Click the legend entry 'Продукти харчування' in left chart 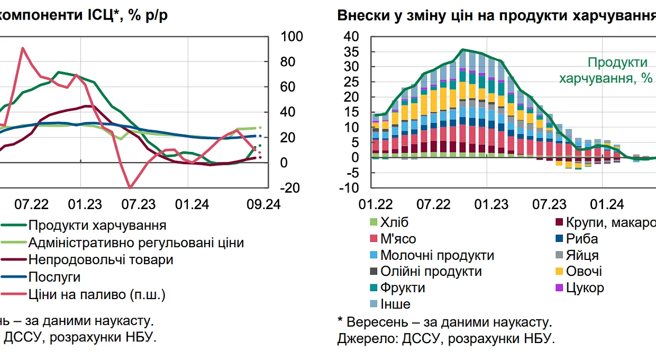(97, 225)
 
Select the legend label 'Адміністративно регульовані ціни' (136, 242)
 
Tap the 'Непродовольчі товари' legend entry (101, 260)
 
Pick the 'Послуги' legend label (54, 277)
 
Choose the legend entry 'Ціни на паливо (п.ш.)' (97, 294)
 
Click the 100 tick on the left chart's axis (291, 37)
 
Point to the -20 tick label (290, 187)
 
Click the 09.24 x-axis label (263, 204)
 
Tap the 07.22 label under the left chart (31, 204)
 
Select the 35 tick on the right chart (351, 52)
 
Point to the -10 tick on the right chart (349, 187)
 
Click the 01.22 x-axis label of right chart (376, 204)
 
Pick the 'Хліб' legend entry (394, 222)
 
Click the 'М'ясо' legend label (398, 239)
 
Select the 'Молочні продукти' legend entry (437, 255)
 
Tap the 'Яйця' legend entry (582, 255)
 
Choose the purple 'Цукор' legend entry (585, 288)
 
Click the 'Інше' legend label (395, 304)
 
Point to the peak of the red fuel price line (23, 48)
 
